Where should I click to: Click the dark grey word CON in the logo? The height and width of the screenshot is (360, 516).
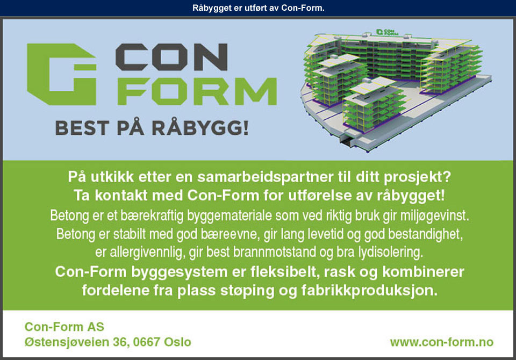(x=171, y=57)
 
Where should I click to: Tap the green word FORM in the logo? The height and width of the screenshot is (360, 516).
(x=197, y=91)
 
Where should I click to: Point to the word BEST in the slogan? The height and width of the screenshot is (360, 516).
(x=82, y=128)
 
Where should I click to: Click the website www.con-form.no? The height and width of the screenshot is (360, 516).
(x=442, y=342)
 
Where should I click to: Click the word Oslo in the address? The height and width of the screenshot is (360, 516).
(x=177, y=342)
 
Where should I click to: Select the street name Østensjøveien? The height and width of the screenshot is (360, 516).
(x=67, y=342)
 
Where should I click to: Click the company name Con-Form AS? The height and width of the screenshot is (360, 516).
(x=64, y=327)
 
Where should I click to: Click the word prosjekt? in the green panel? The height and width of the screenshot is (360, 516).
(x=417, y=177)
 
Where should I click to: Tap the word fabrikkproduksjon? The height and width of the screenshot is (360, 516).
(x=369, y=291)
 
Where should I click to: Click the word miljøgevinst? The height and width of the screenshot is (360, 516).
(x=434, y=216)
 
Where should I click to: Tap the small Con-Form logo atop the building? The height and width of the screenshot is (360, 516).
(x=388, y=32)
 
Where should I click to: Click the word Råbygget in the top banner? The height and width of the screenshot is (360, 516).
(x=212, y=8)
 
